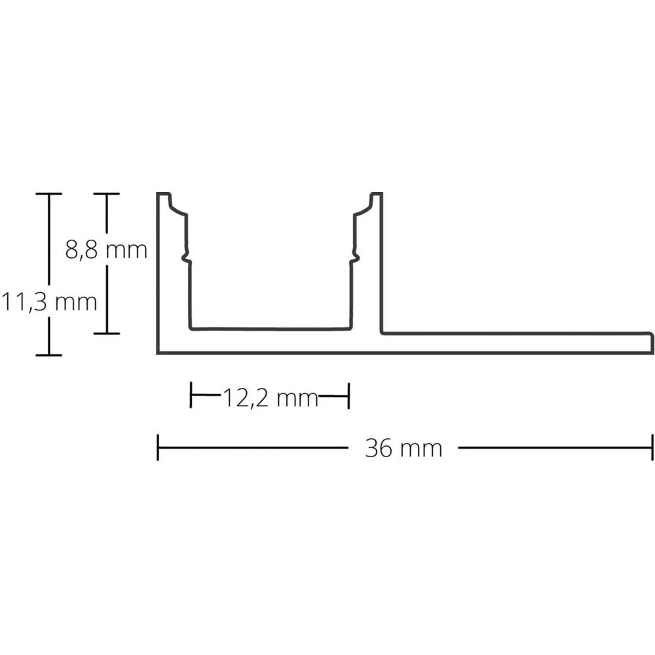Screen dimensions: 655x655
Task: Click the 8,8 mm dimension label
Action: pos(106,250)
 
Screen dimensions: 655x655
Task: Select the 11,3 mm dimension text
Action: pos(49,302)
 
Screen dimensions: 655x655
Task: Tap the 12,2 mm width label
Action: pos(270,397)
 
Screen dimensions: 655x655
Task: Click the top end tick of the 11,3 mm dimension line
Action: pos(48,194)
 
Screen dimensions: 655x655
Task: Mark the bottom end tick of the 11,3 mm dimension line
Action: pos(48,355)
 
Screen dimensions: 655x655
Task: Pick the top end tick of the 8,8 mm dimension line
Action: pos(106,194)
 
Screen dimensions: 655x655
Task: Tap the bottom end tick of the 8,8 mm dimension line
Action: pos(106,333)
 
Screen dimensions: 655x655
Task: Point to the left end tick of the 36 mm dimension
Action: pos(158,448)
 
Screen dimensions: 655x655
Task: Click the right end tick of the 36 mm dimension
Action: pos(652,448)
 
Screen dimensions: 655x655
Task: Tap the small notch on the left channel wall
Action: pos(186,257)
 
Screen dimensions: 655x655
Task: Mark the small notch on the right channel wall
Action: pos(355,257)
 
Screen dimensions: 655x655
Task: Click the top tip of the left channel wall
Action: pos(164,194)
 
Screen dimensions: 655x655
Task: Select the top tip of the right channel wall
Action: pos(377,194)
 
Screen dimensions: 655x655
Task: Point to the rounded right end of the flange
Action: pos(652,343)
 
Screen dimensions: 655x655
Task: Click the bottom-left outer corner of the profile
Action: pos(158,353)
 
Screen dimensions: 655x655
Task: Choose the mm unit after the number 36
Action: pos(421,449)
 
